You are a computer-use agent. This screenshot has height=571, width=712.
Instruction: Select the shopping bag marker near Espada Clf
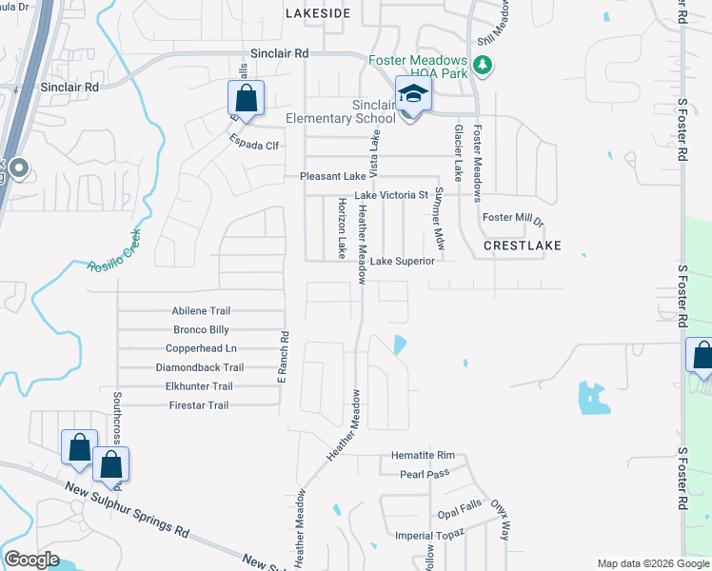(246, 99)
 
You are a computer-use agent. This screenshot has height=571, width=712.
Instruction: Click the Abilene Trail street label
(201, 311)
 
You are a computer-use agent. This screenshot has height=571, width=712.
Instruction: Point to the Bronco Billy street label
(201, 330)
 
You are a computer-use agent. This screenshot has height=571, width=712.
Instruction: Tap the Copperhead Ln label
(198, 348)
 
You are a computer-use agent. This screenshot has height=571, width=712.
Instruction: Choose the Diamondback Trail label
(200, 367)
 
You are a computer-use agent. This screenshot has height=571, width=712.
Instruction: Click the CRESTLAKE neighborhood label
(522, 246)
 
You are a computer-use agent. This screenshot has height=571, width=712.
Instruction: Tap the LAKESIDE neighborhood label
(318, 13)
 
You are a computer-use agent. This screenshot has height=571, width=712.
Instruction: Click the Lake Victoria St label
(391, 195)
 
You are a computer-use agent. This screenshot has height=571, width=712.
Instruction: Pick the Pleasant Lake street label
(332, 177)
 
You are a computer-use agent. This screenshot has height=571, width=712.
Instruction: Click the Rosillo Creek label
(114, 249)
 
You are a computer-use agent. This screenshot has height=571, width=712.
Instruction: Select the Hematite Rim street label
(424, 456)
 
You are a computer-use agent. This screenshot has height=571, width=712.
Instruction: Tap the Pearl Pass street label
(424, 474)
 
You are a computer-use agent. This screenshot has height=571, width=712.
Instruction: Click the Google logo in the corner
(31, 560)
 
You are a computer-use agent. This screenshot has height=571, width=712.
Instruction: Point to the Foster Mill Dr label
(512, 219)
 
